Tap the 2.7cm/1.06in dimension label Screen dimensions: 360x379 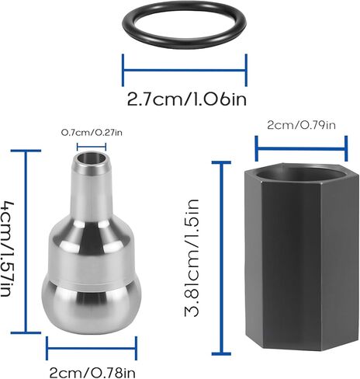pos(187,99)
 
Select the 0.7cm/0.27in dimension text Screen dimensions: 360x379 pos(92,133)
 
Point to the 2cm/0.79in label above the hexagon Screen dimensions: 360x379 pos(301,125)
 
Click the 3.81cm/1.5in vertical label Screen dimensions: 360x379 pos(192,258)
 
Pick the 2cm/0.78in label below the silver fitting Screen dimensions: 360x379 pos(92,373)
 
